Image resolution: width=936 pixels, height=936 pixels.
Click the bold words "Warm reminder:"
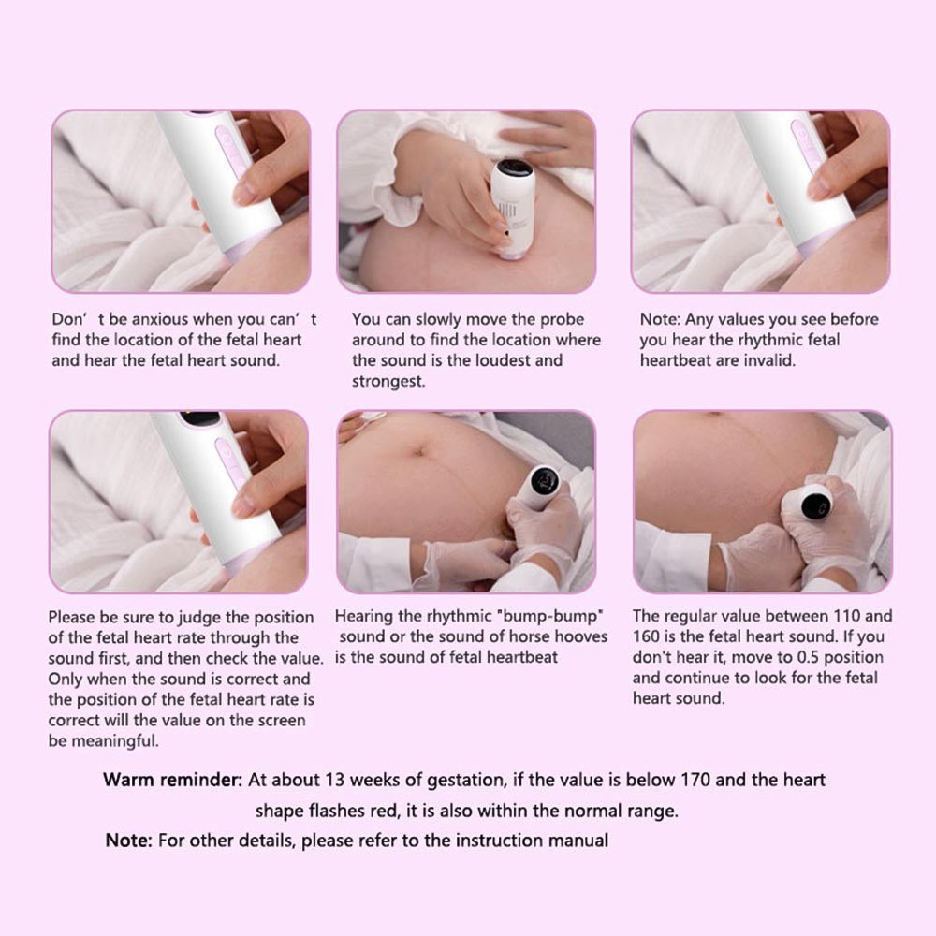coord(172,781)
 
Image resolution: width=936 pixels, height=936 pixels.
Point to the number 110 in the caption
coord(844,616)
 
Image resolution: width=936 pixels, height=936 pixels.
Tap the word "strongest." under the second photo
coord(388,382)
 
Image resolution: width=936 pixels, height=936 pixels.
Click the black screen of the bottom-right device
coord(815,505)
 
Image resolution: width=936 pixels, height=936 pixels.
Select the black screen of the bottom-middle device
coord(544,481)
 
